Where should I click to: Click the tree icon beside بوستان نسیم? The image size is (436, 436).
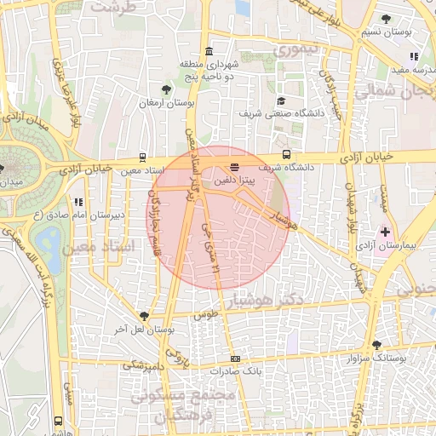(387, 18)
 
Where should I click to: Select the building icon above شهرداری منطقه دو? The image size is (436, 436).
(209, 51)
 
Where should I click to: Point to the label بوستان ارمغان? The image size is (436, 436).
(168, 103)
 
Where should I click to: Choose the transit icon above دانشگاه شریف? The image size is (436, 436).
(286, 155)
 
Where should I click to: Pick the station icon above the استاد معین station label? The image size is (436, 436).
(141, 158)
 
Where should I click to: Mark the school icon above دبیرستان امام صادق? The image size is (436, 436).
(78, 202)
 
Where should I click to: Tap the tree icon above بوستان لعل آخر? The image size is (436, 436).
(144, 315)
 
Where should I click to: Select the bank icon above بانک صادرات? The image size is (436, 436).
(235, 359)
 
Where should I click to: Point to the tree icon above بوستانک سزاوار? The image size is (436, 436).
(377, 345)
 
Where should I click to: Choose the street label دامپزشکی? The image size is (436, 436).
(143, 364)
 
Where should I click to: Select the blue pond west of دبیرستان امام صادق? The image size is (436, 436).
(48, 242)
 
